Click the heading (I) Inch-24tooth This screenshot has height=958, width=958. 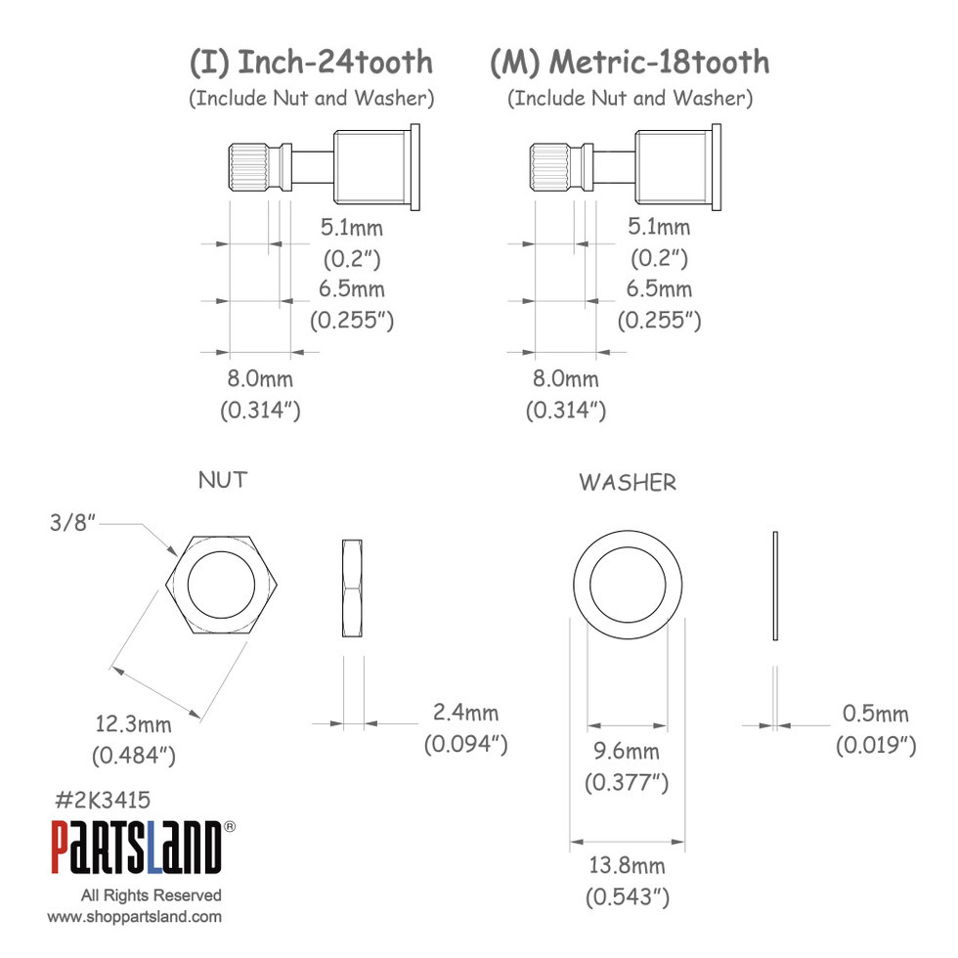click(x=311, y=63)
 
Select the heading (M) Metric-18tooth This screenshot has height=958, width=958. click(x=630, y=63)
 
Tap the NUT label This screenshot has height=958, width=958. click(x=223, y=480)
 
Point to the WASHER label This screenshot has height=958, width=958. click(x=628, y=483)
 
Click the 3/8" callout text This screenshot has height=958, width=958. click(x=72, y=522)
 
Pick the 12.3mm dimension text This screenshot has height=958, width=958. click(x=133, y=724)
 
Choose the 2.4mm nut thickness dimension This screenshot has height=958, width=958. click(x=465, y=713)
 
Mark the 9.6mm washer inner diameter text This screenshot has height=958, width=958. click(x=627, y=751)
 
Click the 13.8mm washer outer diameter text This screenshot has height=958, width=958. click(x=627, y=866)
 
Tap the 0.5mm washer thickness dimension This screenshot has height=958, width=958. click(x=876, y=714)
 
